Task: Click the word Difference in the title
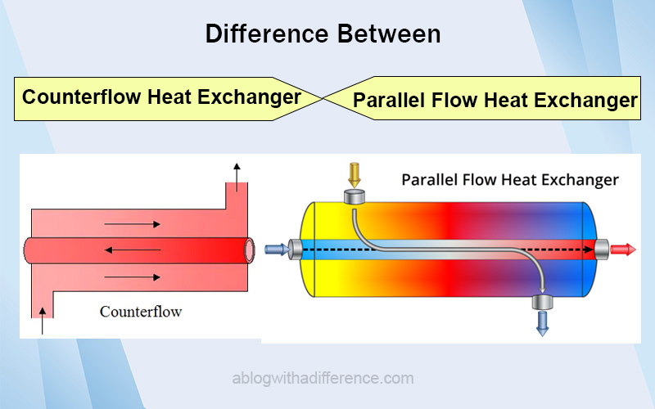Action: click(268, 34)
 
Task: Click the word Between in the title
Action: click(389, 34)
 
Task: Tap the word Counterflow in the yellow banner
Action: click(81, 97)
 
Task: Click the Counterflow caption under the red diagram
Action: click(141, 312)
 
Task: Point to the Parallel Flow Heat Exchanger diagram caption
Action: click(509, 180)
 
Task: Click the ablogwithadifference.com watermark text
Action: click(323, 378)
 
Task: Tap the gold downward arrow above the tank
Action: click(355, 175)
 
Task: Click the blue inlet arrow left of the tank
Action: click(278, 249)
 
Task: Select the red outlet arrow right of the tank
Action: click(623, 249)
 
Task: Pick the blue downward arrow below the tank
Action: click(542, 323)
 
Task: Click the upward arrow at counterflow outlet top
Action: click(237, 178)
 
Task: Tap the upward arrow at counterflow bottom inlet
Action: click(43, 321)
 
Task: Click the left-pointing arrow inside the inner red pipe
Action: click(133, 250)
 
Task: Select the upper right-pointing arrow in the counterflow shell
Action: click(132, 224)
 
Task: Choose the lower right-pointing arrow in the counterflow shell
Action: click(132, 277)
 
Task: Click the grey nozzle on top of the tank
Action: click(355, 196)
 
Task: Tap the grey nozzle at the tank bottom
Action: click(542, 302)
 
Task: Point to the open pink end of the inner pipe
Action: click(250, 250)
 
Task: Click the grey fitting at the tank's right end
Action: click(602, 249)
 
